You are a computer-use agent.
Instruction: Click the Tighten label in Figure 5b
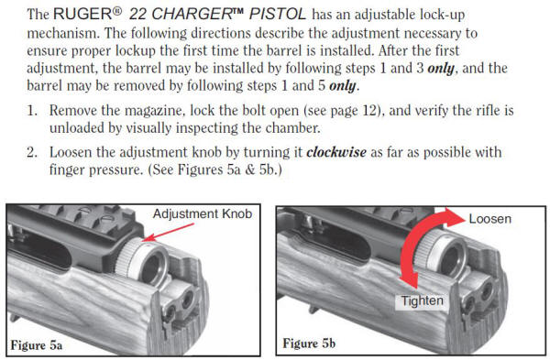click(423, 300)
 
